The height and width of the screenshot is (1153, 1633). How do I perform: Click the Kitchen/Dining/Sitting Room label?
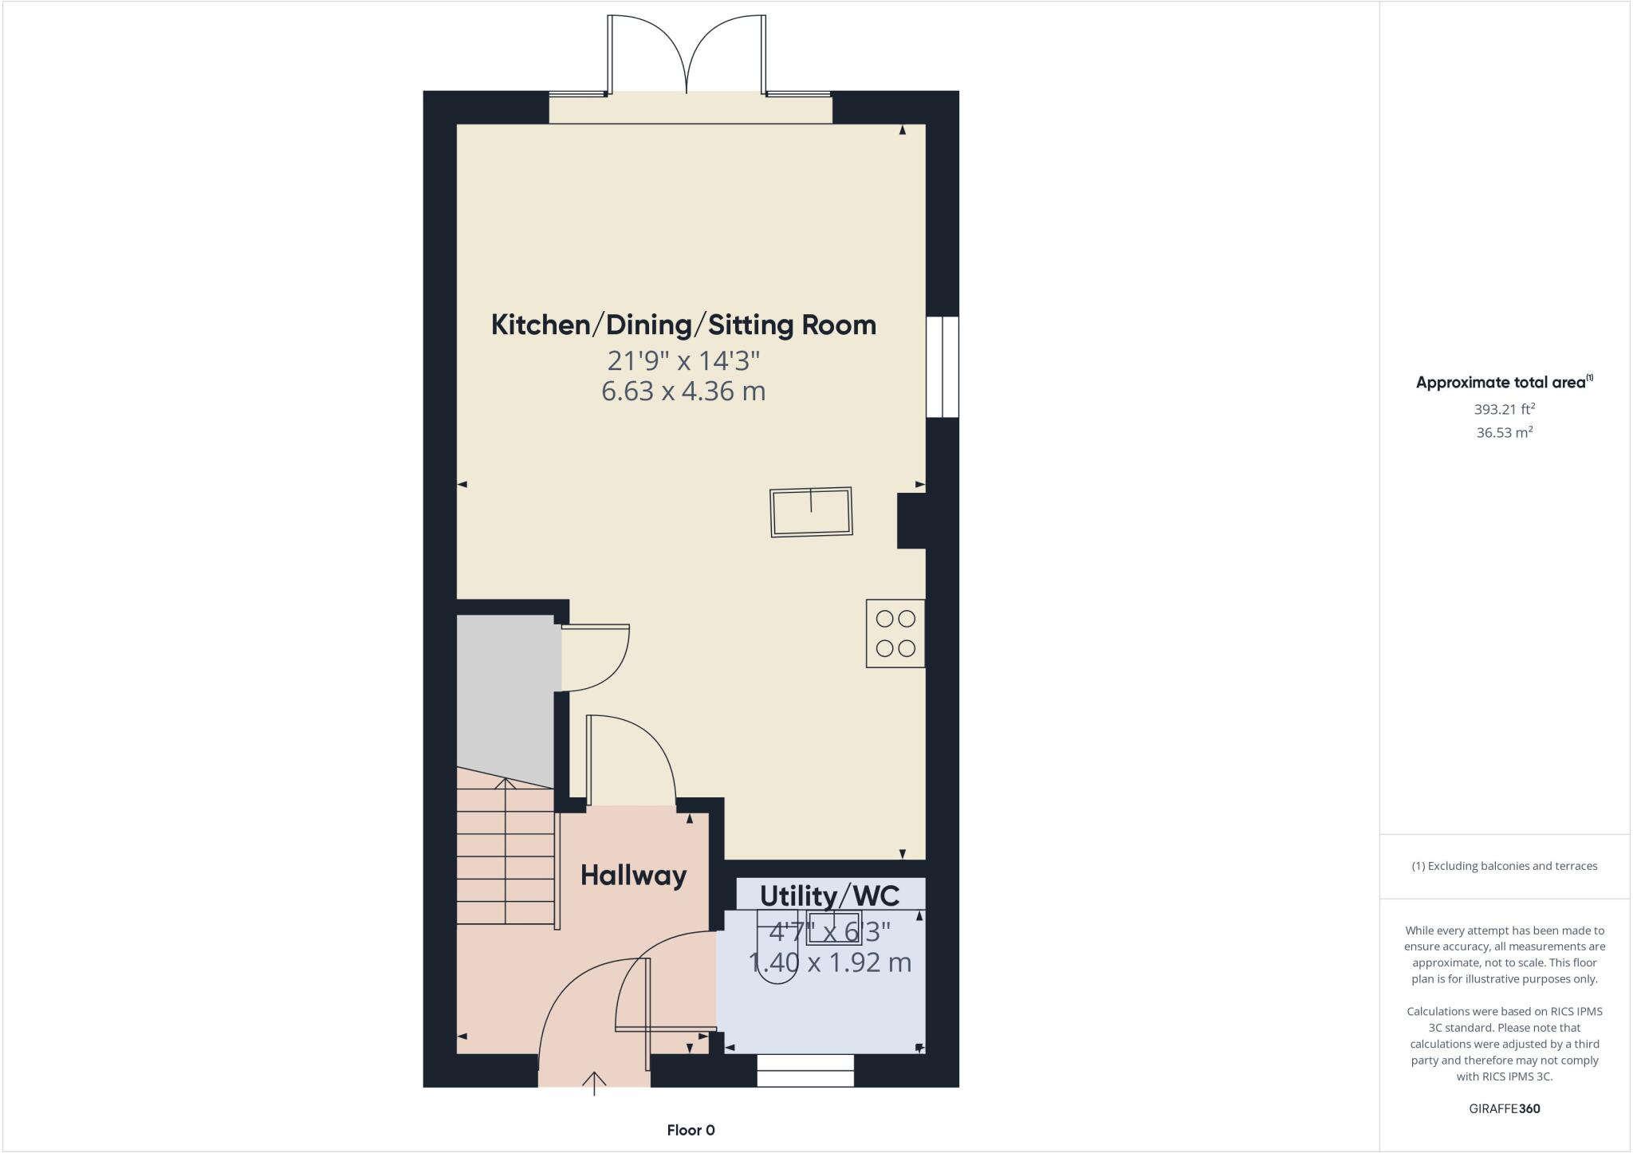(x=683, y=325)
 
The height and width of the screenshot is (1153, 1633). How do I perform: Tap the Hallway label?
(x=633, y=876)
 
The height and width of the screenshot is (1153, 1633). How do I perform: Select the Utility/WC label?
(x=829, y=895)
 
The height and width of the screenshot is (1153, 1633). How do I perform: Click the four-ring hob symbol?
(x=895, y=633)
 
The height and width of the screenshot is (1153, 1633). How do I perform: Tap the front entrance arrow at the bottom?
(x=594, y=1084)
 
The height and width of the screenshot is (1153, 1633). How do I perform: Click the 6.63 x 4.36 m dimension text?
(x=683, y=392)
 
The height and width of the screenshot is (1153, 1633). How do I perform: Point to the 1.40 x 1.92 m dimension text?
(x=829, y=962)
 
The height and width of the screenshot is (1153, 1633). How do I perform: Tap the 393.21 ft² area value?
(x=1504, y=409)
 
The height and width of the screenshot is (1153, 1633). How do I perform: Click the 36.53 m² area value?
(x=1504, y=432)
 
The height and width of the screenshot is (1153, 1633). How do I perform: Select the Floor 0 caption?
(x=691, y=1130)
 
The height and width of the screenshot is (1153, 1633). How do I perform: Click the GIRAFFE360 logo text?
(x=1504, y=1108)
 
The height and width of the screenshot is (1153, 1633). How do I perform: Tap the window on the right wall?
(x=942, y=367)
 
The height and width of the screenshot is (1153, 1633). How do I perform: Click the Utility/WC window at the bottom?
(x=805, y=1070)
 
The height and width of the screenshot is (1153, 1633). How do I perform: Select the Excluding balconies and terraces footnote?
(x=1504, y=866)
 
